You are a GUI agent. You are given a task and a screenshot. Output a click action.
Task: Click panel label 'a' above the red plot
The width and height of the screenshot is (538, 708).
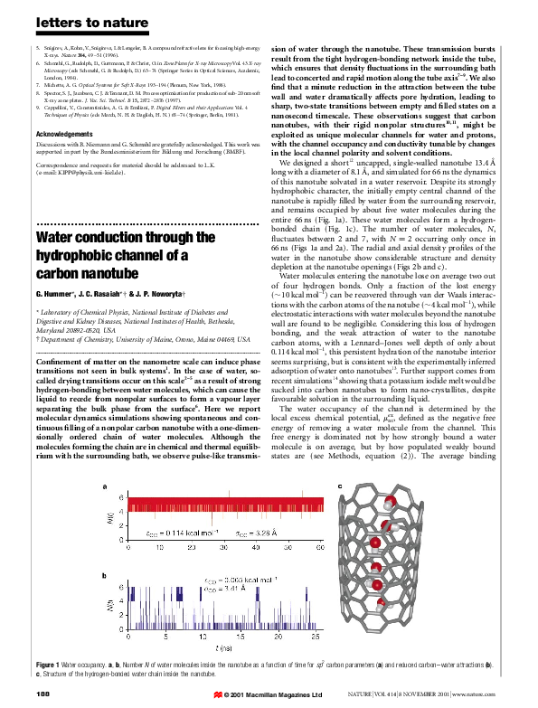click(x=106, y=488)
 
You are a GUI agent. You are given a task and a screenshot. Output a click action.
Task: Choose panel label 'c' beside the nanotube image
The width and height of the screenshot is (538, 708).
click(x=340, y=488)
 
